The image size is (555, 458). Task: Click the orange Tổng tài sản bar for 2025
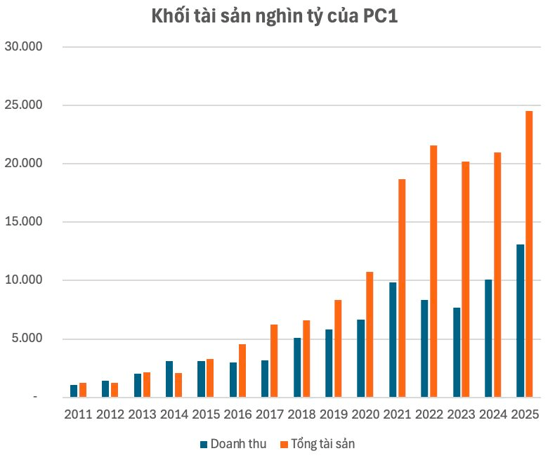[x=529, y=254]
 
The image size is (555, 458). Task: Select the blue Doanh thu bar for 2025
[x=520, y=321]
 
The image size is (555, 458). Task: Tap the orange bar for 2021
[x=402, y=288]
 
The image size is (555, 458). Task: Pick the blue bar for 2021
[x=393, y=340]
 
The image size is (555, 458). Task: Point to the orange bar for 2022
[x=433, y=271]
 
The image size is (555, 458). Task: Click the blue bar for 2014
[x=169, y=379]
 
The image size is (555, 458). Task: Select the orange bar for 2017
[x=274, y=360]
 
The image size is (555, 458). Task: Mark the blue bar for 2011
[x=74, y=391]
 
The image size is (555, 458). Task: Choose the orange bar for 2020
[x=370, y=334]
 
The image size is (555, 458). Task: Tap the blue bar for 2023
[x=457, y=352]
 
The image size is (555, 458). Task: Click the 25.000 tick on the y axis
[x=23, y=105]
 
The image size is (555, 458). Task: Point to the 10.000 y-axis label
[x=23, y=280]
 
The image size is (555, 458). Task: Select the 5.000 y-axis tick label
[x=27, y=338]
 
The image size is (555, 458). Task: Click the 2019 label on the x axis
[x=334, y=414]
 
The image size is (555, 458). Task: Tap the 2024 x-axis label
[x=493, y=414]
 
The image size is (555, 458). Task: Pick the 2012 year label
[x=110, y=414]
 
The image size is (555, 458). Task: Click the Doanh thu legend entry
[x=233, y=444]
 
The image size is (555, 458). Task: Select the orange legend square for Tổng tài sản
[x=284, y=445]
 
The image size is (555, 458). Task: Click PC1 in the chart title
[x=381, y=16]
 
